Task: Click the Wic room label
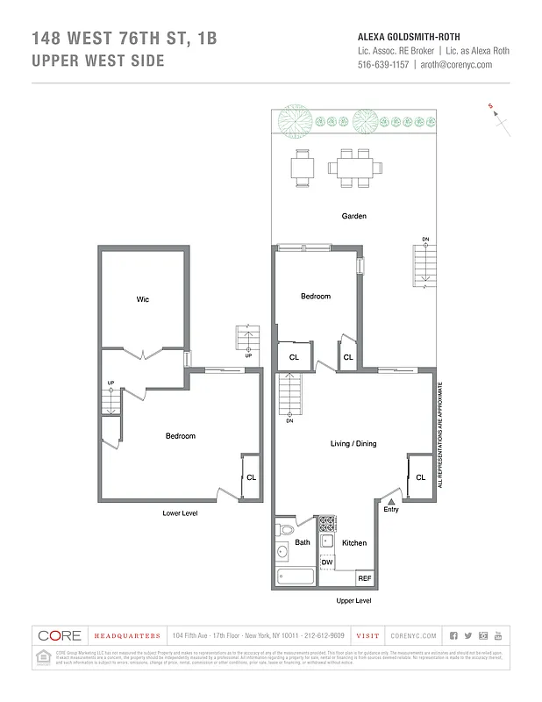pos(143,300)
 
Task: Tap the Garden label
pos(353,216)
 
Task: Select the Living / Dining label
pos(353,444)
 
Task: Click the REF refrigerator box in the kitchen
pos(363,579)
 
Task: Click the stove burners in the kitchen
pos(326,524)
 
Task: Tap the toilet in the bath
pos(283,530)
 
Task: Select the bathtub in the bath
pos(295,577)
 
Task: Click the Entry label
pos(391,509)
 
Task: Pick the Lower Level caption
pos(181,513)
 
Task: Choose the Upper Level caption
pos(354,601)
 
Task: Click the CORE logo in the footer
pos(60,635)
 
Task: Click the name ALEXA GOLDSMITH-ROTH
pos(410,37)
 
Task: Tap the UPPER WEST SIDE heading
pos(97,61)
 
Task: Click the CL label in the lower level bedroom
pos(251,477)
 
